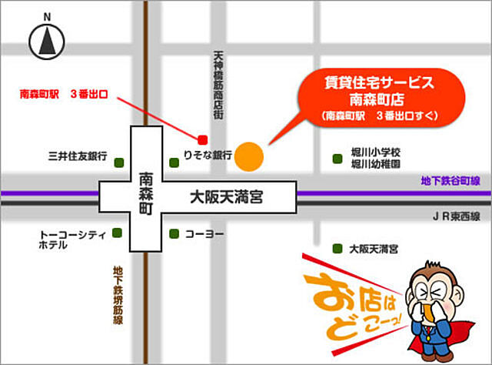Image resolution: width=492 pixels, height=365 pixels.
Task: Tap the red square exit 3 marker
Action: point(203,140)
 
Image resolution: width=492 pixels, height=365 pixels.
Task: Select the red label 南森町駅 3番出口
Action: point(65,95)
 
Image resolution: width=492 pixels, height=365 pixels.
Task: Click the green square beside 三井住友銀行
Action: point(119,162)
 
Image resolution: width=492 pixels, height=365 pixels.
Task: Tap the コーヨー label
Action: point(203,233)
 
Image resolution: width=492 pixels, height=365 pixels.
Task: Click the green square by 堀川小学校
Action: point(337,159)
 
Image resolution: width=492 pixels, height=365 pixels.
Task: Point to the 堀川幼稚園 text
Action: point(376,165)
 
